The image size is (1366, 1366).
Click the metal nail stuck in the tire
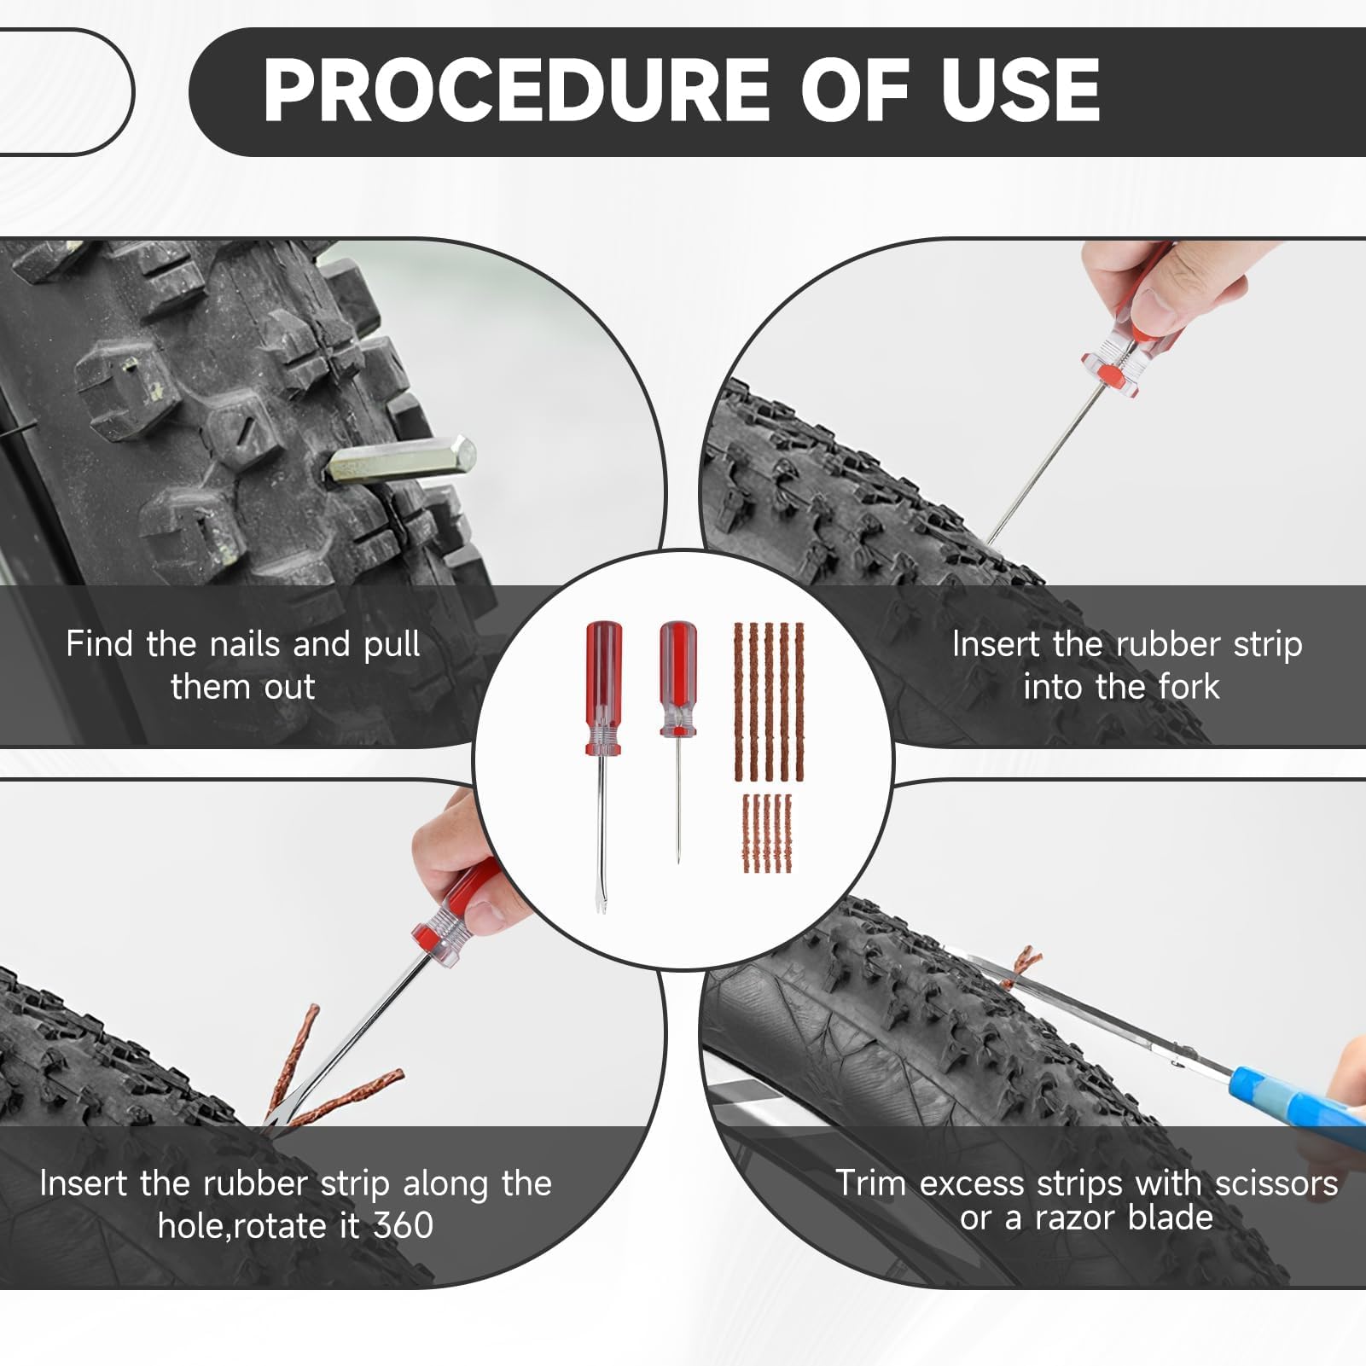click(400, 460)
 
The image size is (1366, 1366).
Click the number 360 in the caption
click(404, 1226)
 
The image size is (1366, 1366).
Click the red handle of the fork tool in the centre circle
click(603, 688)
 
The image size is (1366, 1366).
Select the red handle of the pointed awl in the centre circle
click(677, 678)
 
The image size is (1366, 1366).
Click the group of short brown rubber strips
click(767, 834)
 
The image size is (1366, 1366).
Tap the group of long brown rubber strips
click(769, 702)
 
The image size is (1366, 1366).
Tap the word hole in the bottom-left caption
click(191, 1226)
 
